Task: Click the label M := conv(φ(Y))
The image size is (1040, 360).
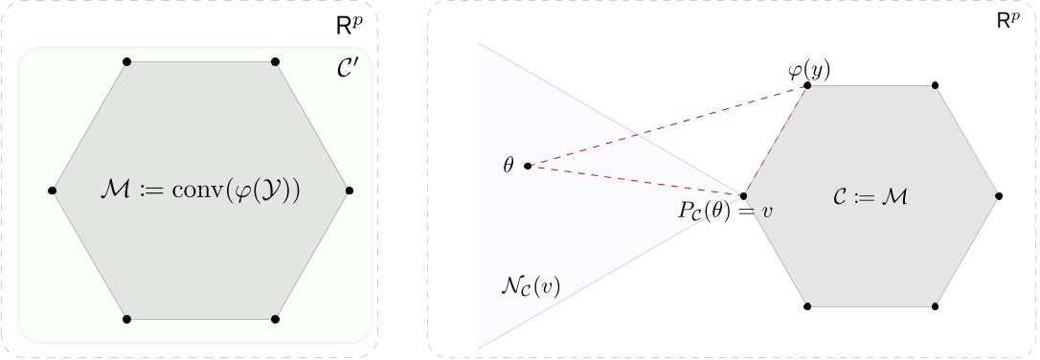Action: tap(200, 191)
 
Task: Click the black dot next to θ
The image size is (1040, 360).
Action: tap(528, 166)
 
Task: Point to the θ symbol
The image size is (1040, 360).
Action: tap(509, 166)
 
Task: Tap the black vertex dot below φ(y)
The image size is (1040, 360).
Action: tap(807, 86)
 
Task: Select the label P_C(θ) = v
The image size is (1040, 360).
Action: tap(723, 211)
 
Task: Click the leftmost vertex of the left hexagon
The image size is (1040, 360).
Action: tap(52, 191)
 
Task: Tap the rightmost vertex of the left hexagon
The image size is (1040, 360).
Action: tap(350, 191)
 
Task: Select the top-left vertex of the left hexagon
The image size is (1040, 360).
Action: tap(126, 62)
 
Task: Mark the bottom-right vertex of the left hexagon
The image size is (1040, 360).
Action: tap(275, 318)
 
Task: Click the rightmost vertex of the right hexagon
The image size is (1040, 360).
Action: tap(999, 196)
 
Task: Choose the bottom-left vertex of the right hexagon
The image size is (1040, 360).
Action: tap(807, 306)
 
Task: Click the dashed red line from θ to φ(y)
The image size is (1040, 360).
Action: tap(670, 125)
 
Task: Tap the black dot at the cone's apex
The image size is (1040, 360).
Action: tap(744, 196)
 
